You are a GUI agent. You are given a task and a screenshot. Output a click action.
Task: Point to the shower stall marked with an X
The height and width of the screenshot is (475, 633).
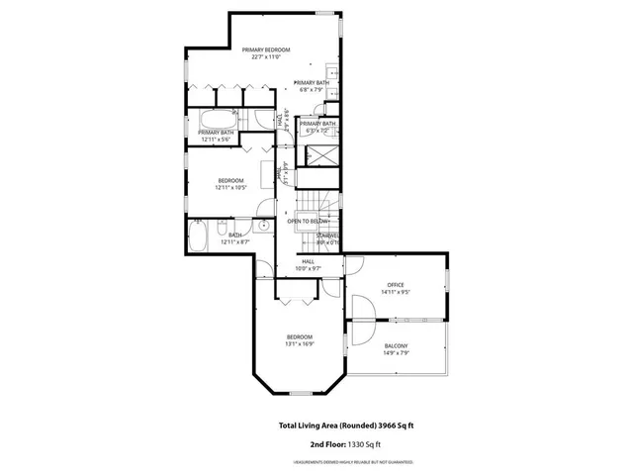(320, 154)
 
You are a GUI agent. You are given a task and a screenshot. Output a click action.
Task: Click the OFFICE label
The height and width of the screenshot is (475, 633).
(396, 285)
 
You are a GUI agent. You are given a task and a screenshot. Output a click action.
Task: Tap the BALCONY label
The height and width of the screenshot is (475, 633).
(396, 345)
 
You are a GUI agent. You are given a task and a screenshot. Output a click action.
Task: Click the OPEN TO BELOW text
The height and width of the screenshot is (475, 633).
(308, 222)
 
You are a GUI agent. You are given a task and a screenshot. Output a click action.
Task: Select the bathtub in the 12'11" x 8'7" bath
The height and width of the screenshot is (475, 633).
(198, 237)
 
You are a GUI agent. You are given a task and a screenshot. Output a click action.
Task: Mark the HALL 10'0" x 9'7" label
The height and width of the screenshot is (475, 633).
(308, 265)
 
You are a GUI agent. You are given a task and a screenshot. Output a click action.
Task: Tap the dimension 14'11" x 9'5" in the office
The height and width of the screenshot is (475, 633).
(396, 293)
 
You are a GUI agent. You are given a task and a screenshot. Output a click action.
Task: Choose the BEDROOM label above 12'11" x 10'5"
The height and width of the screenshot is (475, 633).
(230, 180)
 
